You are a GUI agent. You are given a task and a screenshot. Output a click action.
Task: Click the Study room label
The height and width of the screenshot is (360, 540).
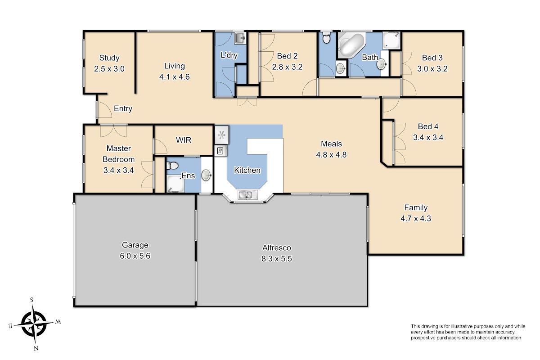pos(109,58)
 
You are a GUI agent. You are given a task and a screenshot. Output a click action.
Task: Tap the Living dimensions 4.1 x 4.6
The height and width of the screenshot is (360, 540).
pos(174,77)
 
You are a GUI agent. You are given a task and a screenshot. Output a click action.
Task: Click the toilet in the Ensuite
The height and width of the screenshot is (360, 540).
pos(172,166)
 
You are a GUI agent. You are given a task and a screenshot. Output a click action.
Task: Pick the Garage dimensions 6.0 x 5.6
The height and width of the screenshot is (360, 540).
pos(135,256)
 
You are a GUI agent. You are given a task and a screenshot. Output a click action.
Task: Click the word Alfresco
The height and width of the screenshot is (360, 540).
pos(276,247)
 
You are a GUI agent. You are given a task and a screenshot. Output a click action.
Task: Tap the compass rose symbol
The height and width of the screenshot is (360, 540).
pos(34,324)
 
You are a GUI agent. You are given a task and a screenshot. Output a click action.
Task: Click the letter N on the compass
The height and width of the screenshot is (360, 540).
pos(36,348)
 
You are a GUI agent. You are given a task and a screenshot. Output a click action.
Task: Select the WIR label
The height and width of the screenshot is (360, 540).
pos(184,140)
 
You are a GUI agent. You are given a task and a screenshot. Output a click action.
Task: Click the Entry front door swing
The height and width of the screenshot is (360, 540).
pos(104,110)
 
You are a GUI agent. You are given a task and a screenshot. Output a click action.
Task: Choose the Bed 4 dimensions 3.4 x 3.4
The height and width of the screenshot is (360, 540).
pos(428,137)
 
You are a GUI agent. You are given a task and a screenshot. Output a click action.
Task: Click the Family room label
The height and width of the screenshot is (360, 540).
pos(416,207)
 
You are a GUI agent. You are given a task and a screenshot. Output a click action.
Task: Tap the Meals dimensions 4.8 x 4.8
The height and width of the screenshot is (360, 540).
pos(331,155)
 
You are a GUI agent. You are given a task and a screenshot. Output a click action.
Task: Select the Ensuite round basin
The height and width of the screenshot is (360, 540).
pos(207,175)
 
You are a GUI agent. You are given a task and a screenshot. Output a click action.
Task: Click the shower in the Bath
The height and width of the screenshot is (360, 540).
pos(391,40)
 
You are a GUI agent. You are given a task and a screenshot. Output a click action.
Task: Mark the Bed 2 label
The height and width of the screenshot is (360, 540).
pos(287,56)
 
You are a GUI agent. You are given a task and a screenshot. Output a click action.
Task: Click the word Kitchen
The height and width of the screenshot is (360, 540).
pos(247,170)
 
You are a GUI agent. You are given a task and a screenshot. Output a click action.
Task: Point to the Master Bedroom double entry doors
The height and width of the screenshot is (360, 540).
pos(113,131)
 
